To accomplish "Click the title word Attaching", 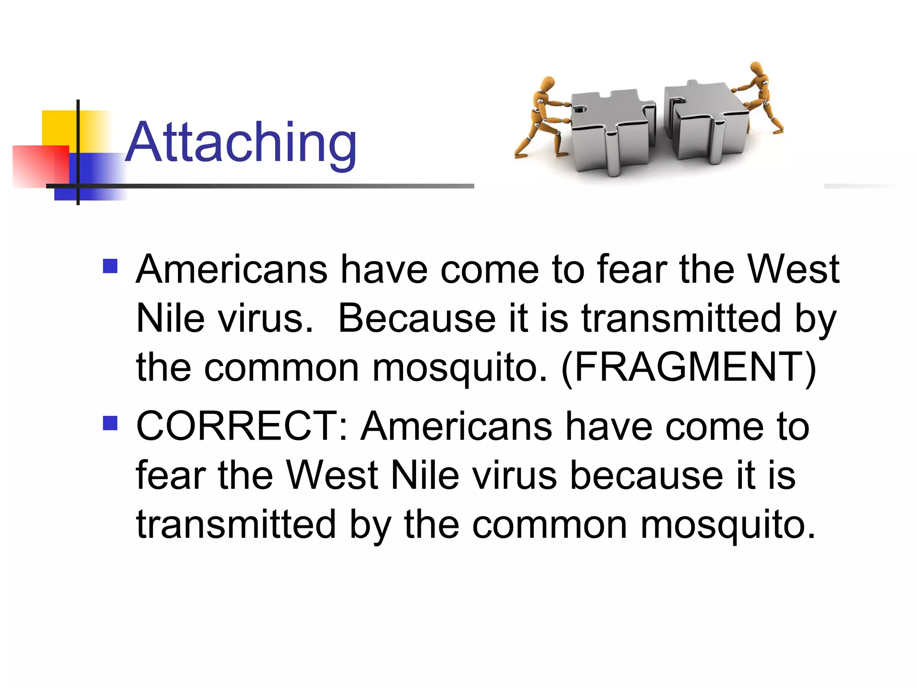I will pos(241,143).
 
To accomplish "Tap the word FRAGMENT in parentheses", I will pos(688,367).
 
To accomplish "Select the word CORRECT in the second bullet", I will pos(237,426).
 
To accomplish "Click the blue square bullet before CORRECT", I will pos(110,423).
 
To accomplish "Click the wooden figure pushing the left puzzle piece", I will pos(540,119).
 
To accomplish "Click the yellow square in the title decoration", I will pos(58,128).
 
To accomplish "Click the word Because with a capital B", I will pos(416,318).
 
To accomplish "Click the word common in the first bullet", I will pos(281,367).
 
